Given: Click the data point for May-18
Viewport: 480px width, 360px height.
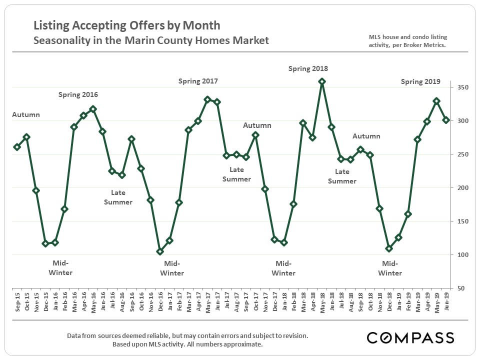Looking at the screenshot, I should [x=322, y=81].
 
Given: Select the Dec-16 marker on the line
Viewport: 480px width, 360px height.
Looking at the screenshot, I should [x=160, y=251].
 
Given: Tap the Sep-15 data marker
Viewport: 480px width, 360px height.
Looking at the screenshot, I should [x=17, y=147].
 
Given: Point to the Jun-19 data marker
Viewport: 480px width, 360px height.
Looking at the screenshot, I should [x=446, y=120].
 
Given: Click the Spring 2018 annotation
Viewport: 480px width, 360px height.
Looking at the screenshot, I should [x=308, y=69].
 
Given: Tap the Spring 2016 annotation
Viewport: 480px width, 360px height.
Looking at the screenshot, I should [x=78, y=94].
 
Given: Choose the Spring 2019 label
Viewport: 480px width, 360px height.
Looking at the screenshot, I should [x=420, y=81].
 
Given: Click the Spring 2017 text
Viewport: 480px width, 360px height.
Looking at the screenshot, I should [x=198, y=81].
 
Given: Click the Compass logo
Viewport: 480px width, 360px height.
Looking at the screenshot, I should [x=410, y=337].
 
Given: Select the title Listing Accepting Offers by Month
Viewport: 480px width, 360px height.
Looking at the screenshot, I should [x=126, y=25].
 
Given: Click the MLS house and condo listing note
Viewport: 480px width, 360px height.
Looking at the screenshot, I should [x=407, y=41].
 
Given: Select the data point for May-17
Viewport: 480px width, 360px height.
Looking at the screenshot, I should [x=207, y=99].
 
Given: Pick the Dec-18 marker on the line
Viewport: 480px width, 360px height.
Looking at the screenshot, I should [x=389, y=248].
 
